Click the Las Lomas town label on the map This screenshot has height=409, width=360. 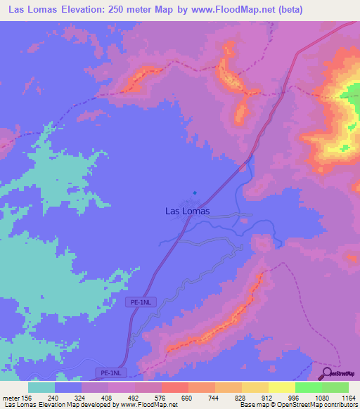pyautogui.click(x=186, y=209)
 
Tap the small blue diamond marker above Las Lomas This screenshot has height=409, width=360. pyautogui.click(x=195, y=193)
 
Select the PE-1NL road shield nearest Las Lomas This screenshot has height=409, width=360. pyautogui.click(x=141, y=302)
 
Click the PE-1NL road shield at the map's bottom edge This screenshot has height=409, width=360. pyautogui.click(x=109, y=372)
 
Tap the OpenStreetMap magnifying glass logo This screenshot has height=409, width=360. pyautogui.click(x=326, y=372)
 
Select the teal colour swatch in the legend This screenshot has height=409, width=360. pyautogui.click(x=41, y=387)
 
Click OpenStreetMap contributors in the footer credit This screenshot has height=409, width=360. pyautogui.click(x=320, y=405)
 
